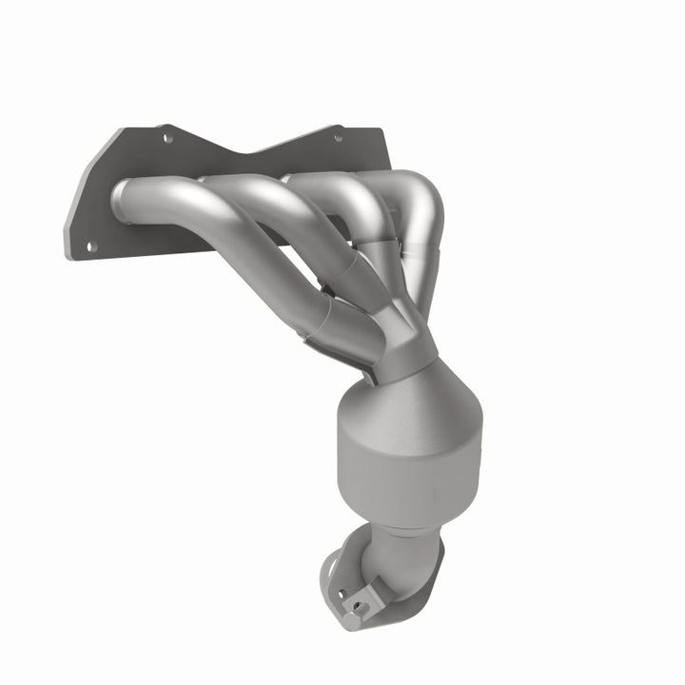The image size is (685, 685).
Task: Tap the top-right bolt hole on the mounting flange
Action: tap(336, 139)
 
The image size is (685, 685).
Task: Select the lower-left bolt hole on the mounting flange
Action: tap(92, 245)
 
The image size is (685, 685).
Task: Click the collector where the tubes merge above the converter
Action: tap(404, 338)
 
